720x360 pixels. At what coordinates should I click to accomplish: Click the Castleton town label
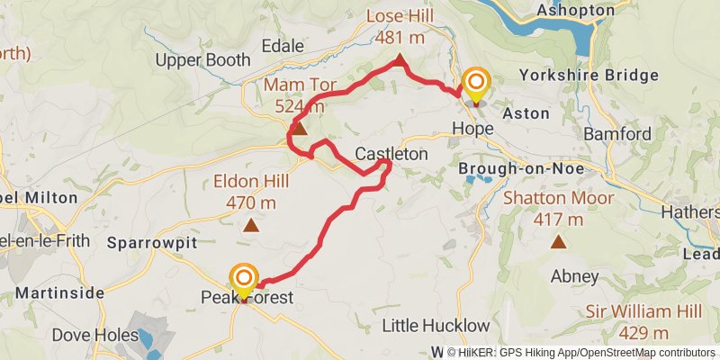(x=391, y=154)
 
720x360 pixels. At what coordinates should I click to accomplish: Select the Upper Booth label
(x=202, y=61)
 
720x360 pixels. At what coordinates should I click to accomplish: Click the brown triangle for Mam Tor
(x=300, y=130)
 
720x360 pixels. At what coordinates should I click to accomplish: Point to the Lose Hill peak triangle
(x=399, y=60)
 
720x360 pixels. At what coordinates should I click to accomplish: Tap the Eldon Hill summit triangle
(x=250, y=227)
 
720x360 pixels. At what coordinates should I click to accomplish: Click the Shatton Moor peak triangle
(x=559, y=241)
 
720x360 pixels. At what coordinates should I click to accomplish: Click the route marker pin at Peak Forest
(x=244, y=282)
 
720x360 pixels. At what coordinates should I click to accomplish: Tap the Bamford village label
(x=617, y=134)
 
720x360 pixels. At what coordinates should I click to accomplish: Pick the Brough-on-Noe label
(x=521, y=168)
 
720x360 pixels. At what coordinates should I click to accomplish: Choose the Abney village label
(x=576, y=275)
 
